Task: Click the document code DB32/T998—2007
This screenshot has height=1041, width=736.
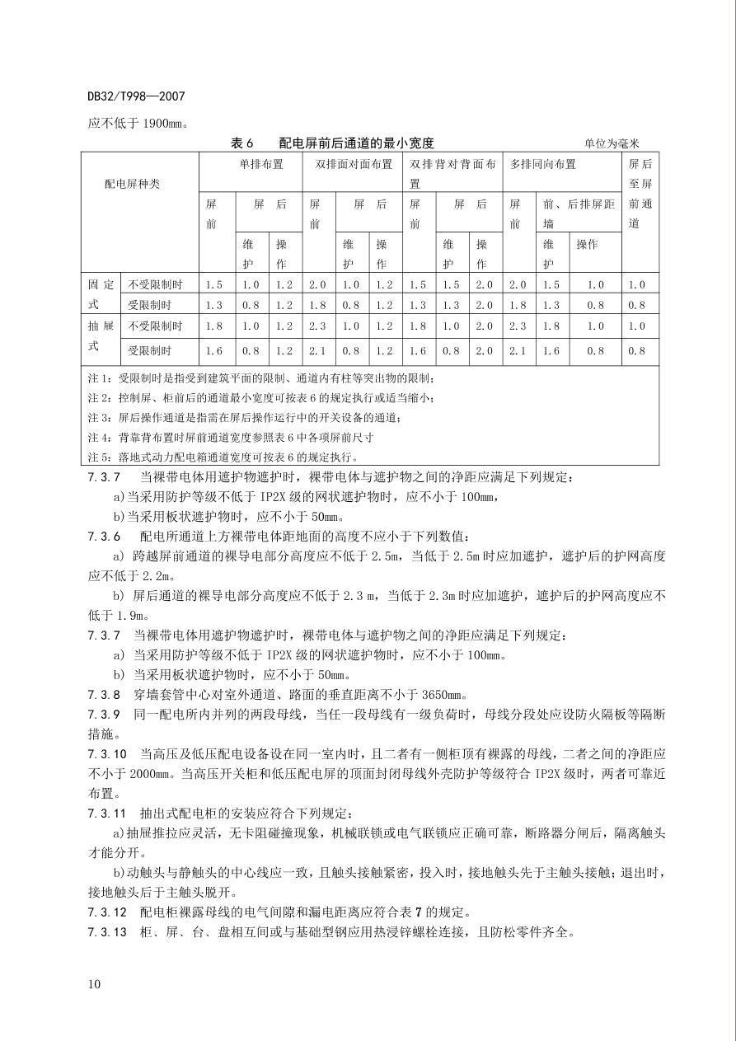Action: [x=136, y=96]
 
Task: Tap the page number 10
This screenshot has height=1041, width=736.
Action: [x=94, y=983]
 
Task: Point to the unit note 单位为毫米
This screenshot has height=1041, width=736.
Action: [x=612, y=143]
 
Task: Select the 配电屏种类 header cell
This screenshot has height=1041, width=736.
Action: [x=132, y=184]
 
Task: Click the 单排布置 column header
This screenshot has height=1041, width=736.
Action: [x=261, y=164]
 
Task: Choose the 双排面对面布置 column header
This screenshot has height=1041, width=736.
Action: [x=354, y=164]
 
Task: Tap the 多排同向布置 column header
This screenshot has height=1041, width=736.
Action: [x=543, y=164]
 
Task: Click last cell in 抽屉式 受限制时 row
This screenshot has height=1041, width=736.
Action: [x=636, y=350]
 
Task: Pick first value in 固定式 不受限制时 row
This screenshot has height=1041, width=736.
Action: [x=214, y=284]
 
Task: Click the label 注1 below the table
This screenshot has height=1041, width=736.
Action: [x=99, y=378]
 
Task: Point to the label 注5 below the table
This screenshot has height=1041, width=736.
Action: [x=99, y=457]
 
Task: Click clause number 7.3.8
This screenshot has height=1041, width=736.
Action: [x=104, y=694]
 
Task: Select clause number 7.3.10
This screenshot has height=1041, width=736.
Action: [x=107, y=753]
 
